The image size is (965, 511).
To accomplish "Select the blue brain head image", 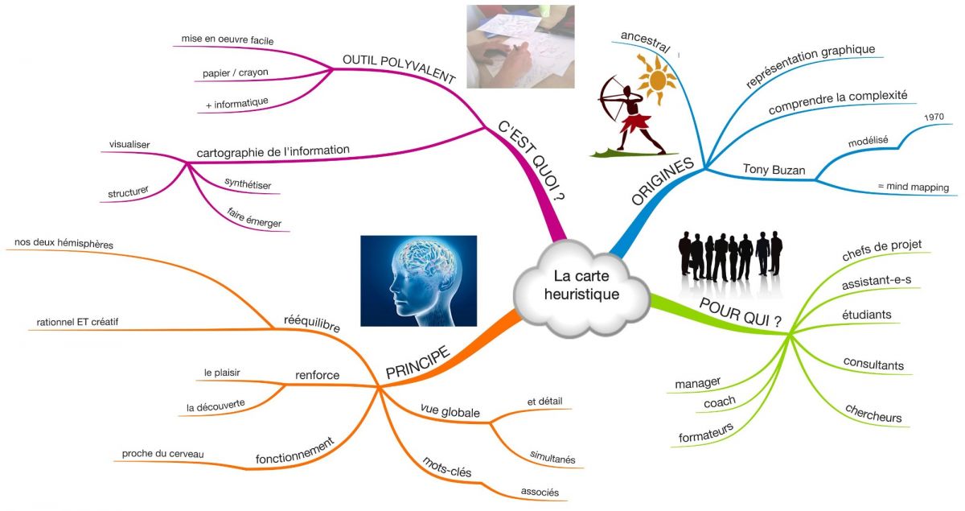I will [x=418, y=280].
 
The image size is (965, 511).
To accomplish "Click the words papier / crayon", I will [x=236, y=72].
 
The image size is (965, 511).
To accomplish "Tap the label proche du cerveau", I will [x=162, y=454].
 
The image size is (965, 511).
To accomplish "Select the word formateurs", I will [x=705, y=432].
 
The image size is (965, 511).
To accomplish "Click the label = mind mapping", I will [x=913, y=188].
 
